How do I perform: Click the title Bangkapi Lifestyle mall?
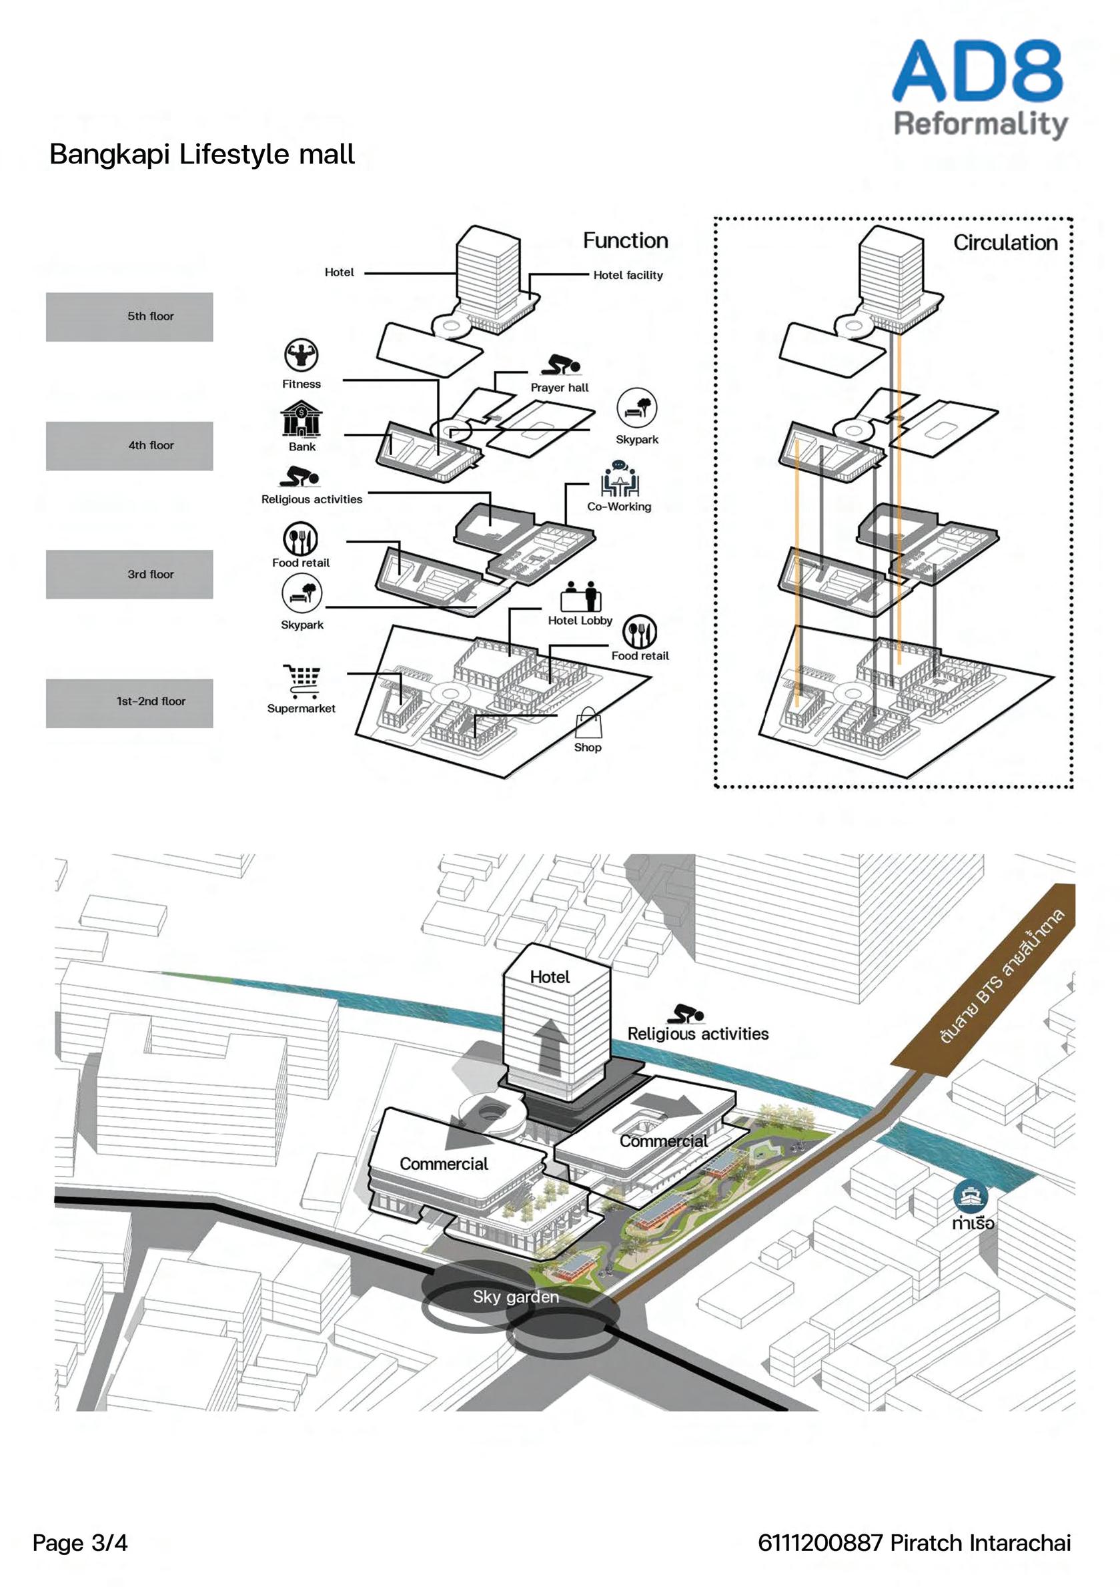point(201,154)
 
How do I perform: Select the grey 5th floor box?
point(129,316)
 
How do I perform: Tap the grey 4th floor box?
point(129,446)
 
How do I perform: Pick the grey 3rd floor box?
point(129,575)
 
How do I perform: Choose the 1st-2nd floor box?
point(129,703)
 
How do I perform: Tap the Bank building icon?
point(302,418)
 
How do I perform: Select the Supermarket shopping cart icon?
point(302,681)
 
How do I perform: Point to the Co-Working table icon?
point(619,479)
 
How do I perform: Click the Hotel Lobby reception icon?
point(581,597)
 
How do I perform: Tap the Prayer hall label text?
point(560,388)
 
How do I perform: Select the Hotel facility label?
point(628,275)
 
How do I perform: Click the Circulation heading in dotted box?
point(1005,243)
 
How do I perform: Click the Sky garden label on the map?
point(516,1297)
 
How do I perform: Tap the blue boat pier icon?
point(971,1197)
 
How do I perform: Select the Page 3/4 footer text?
point(80,1543)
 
